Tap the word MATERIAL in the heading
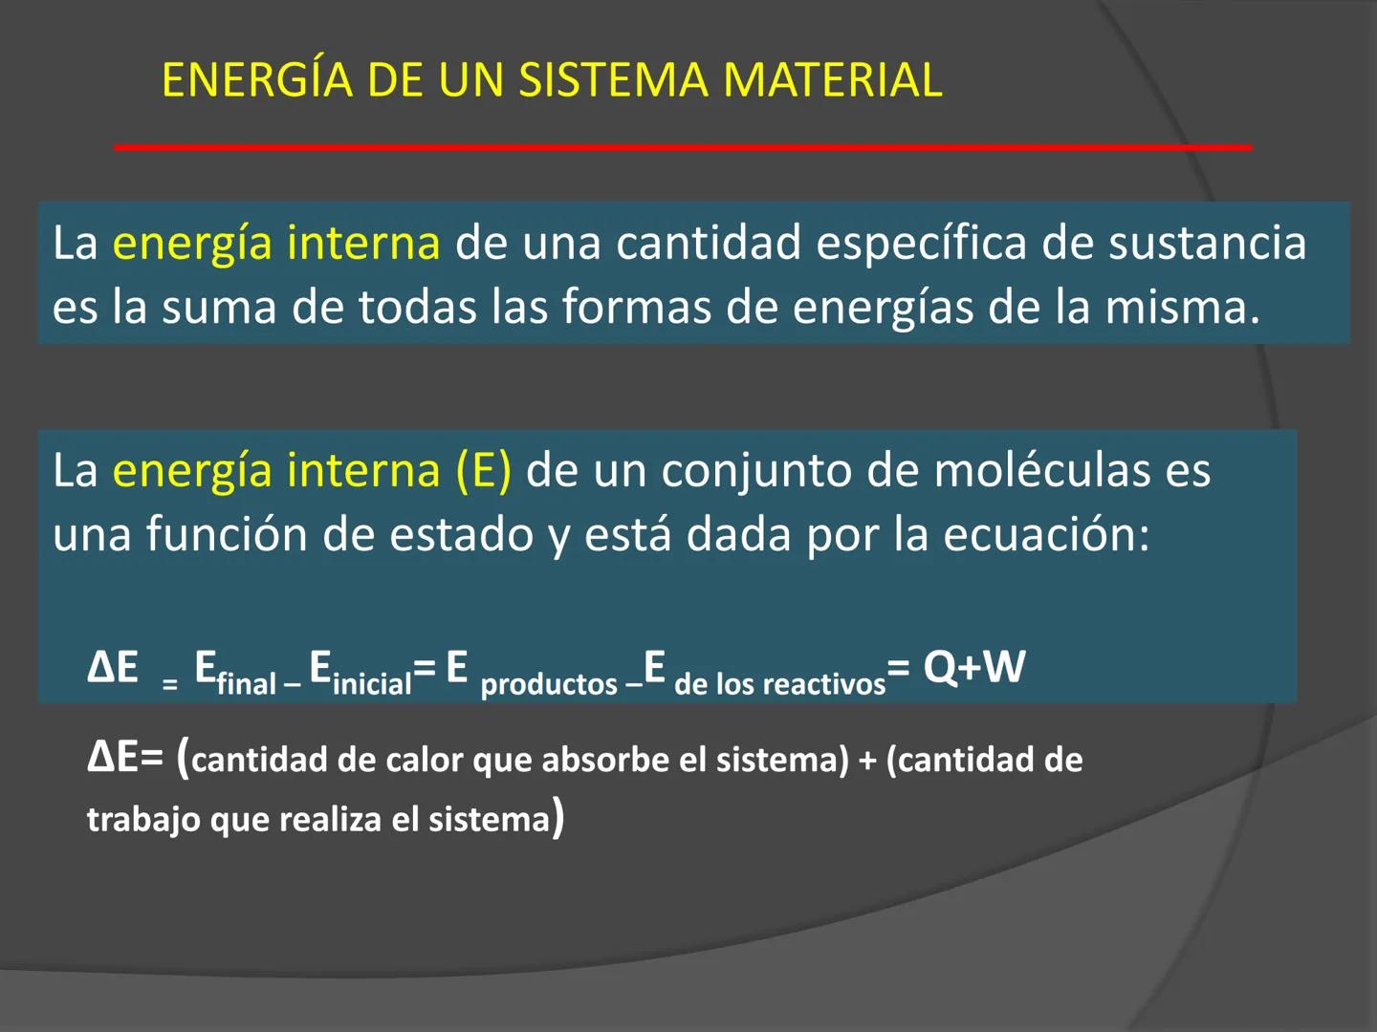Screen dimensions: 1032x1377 [x=833, y=80]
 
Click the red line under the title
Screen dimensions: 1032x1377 [x=683, y=147]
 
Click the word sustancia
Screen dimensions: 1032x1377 [x=1207, y=244]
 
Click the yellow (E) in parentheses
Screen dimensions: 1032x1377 [x=483, y=471]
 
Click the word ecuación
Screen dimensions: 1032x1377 [x=1046, y=534]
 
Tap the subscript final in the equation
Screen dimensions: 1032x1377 [x=247, y=684]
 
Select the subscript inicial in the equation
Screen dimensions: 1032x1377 [x=372, y=684]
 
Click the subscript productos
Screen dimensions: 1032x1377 [x=549, y=684]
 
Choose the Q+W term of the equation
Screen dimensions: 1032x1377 [x=974, y=667]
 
